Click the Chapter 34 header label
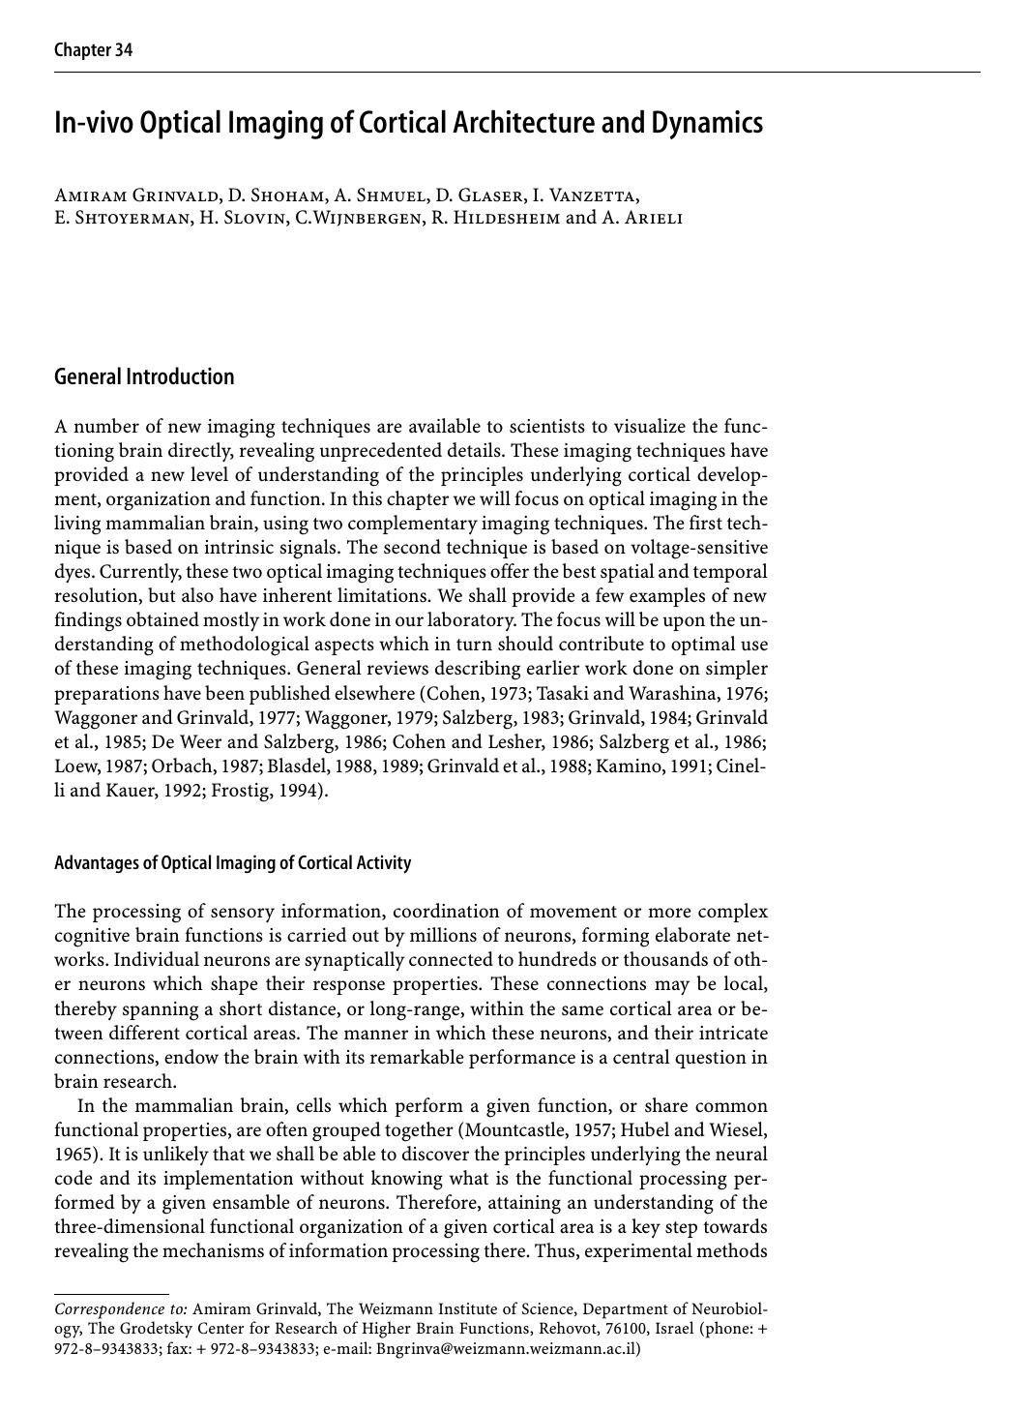93,50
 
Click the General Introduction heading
144,376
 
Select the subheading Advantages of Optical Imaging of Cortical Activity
232,862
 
